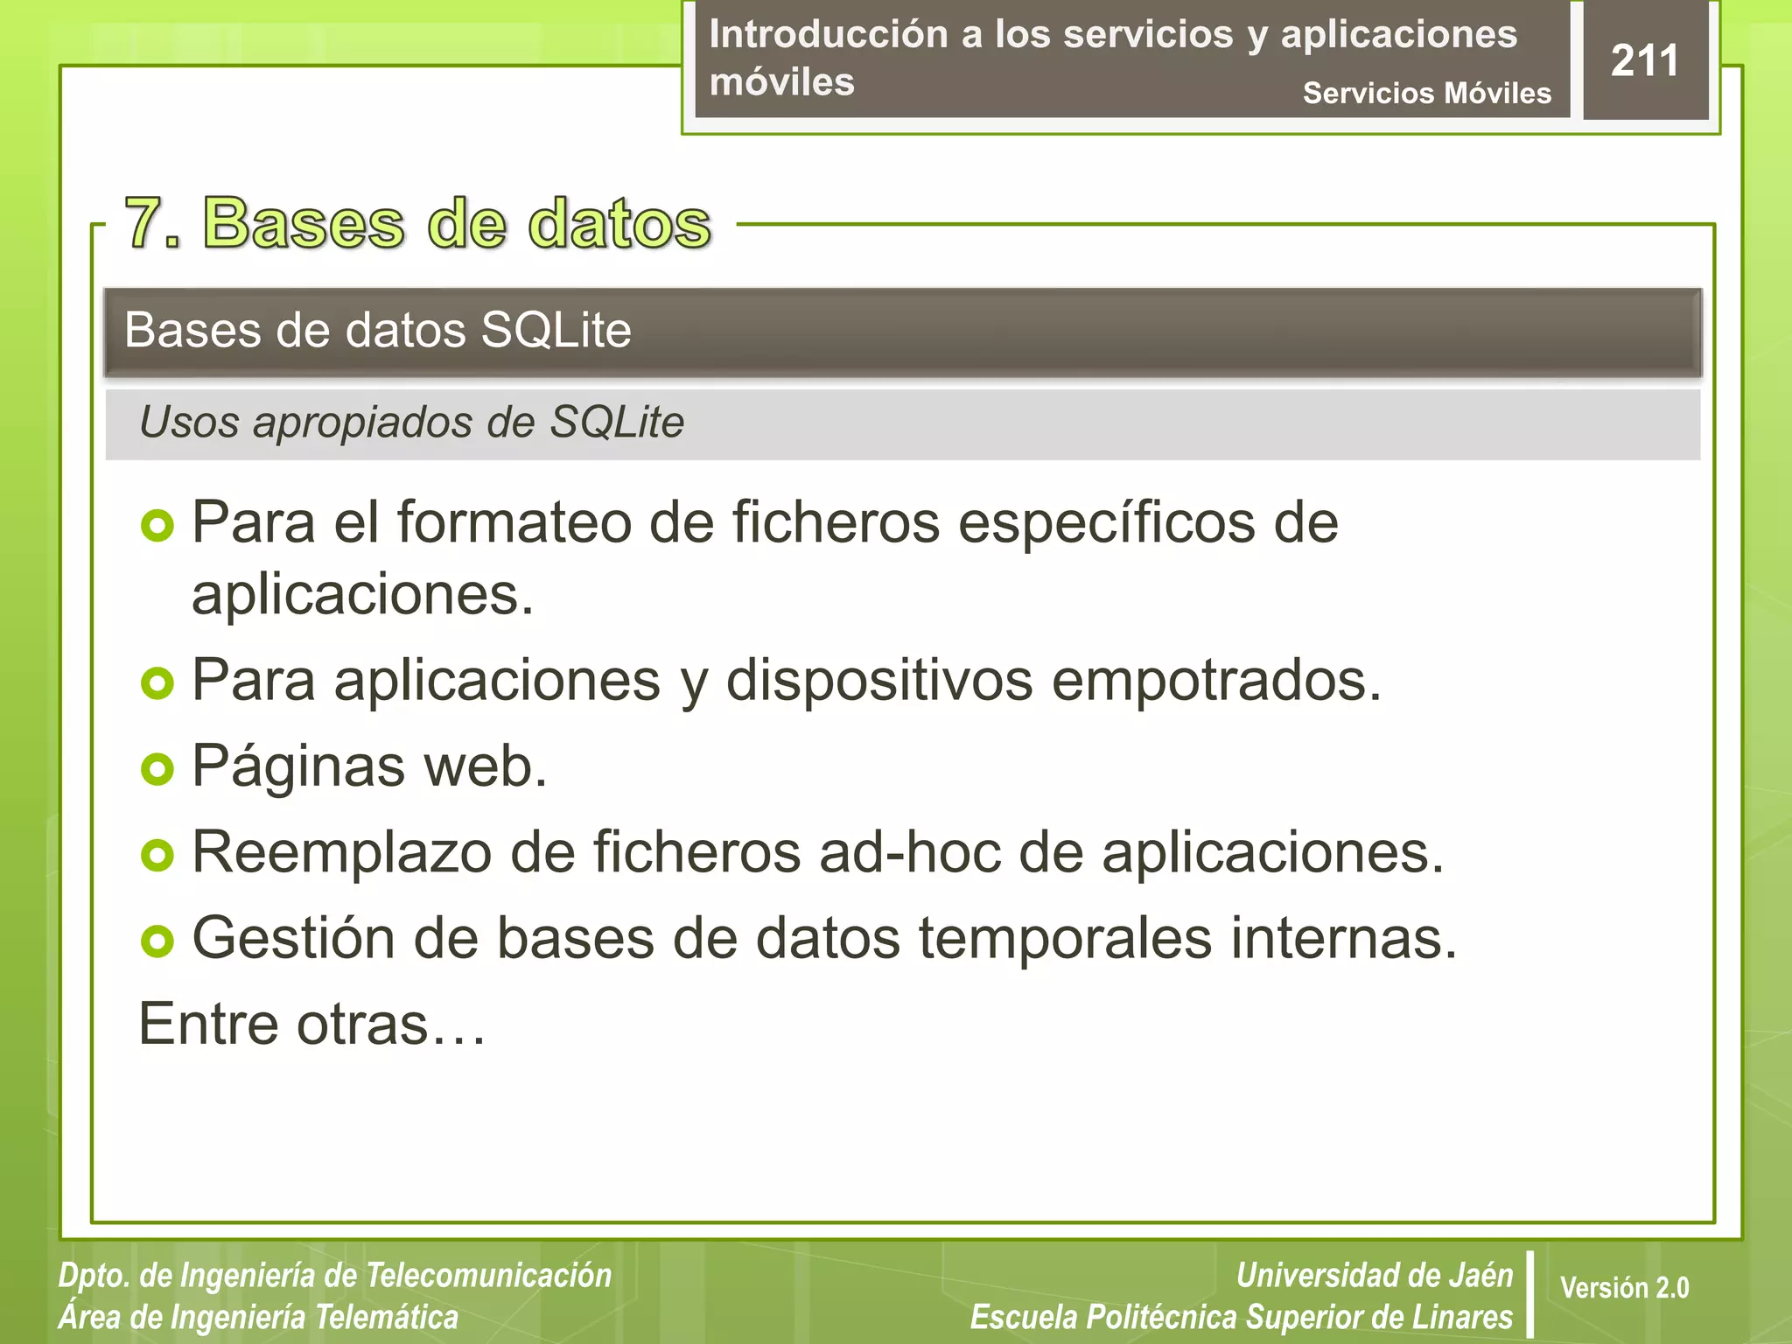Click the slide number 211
click(x=1644, y=61)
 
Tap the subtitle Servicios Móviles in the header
click(x=1426, y=93)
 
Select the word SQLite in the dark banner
click(x=556, y=331)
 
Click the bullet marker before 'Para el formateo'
click(x=157, y=526)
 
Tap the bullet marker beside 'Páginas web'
click(x=157, y=769)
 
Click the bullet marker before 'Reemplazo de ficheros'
click(x=157, y=855)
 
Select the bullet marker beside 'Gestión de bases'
click(x=157, y=941)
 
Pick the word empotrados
click(x=1215, y=680)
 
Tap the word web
click(x=485, y=766)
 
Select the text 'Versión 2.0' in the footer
click(x=1624, y=1288)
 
